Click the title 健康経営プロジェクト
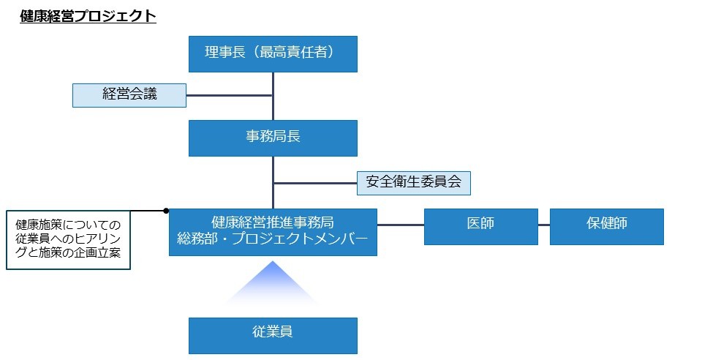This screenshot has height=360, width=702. pos(88,16)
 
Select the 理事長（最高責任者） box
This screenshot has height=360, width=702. pos(273,54)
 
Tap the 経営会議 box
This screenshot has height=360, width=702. pos(129,95)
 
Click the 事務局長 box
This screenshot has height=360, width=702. pos(273,138)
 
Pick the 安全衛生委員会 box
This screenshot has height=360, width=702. pos(413,182)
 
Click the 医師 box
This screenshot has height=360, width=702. pos(480,226)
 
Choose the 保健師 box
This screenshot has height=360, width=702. pos(606,226)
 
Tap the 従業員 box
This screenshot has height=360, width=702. pos(273,335)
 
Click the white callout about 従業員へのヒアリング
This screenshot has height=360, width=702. pos(68,240)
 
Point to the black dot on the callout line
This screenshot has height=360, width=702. pos(167,210)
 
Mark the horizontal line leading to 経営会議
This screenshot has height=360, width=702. pos(229,95)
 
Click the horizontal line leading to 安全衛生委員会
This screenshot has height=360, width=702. pos(314,183)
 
